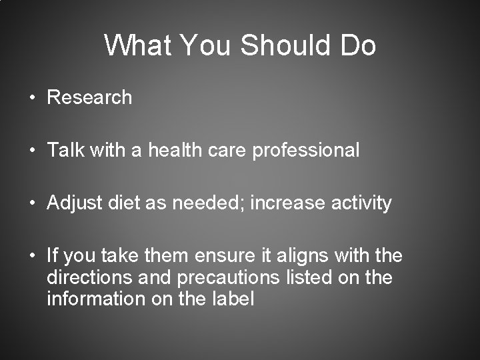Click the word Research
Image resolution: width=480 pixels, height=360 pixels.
point(90,97)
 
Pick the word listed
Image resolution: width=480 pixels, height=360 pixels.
point(315,277)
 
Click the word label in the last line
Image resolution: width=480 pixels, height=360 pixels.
point(232,299)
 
